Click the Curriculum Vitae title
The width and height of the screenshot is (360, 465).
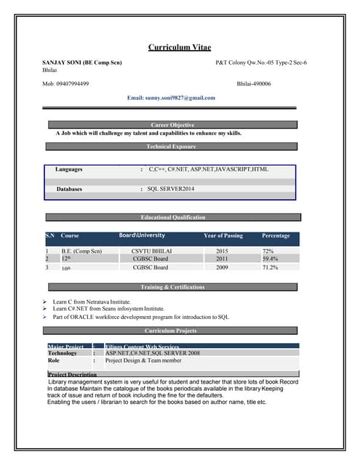click(180, 47)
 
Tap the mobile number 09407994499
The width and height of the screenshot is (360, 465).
click(65, 84)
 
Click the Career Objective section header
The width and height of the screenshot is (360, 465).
click(172, 125)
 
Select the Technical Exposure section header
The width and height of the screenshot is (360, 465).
click(172, 146)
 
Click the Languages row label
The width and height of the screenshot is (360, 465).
click(69, 169)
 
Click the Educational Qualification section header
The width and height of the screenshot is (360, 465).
click(172, 217)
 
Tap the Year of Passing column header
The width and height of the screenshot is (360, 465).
click(223, 235)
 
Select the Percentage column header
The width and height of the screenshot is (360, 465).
click(276, 235)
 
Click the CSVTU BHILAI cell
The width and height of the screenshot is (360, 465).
click(151, 251)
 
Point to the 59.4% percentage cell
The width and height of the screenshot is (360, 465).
click(270, 259)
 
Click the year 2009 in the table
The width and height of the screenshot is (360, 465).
click(222, 267)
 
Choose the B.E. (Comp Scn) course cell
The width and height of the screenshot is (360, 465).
click(81, 251)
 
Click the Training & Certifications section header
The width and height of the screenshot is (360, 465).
click(172, 287)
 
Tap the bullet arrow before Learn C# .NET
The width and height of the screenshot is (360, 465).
click(45, 309)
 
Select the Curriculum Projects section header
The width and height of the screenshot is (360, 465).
click(172, 331)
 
